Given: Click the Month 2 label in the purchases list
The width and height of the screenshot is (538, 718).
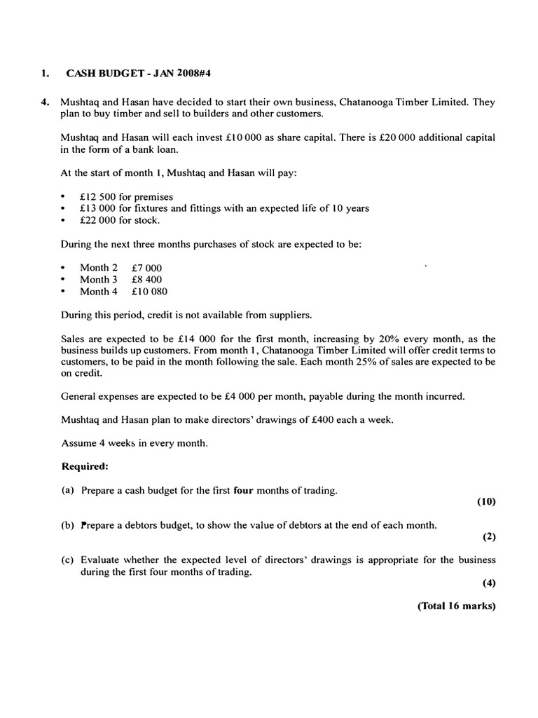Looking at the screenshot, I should click(95, 268).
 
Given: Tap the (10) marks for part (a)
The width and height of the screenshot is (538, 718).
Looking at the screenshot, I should click(486, 501).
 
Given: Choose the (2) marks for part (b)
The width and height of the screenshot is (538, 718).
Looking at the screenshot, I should click(489, 537).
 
